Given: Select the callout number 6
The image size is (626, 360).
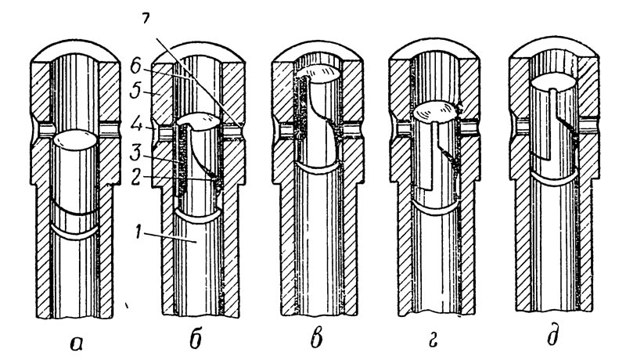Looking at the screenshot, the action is point(135,67).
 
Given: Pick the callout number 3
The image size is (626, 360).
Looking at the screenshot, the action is point(136,153).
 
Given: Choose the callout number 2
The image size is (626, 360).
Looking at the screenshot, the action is point(135,177).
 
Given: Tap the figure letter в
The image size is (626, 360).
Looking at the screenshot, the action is point(316,340).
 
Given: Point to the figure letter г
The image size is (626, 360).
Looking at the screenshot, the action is point(434,342).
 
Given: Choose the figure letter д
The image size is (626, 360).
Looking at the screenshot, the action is point(553,339).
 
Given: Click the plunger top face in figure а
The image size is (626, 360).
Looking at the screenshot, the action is point(74,139).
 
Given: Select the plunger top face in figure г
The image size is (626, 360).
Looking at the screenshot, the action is point(435,112).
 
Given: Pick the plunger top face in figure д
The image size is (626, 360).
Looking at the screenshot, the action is point(553,82).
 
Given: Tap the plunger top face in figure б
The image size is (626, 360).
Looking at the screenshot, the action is point(199,122).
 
